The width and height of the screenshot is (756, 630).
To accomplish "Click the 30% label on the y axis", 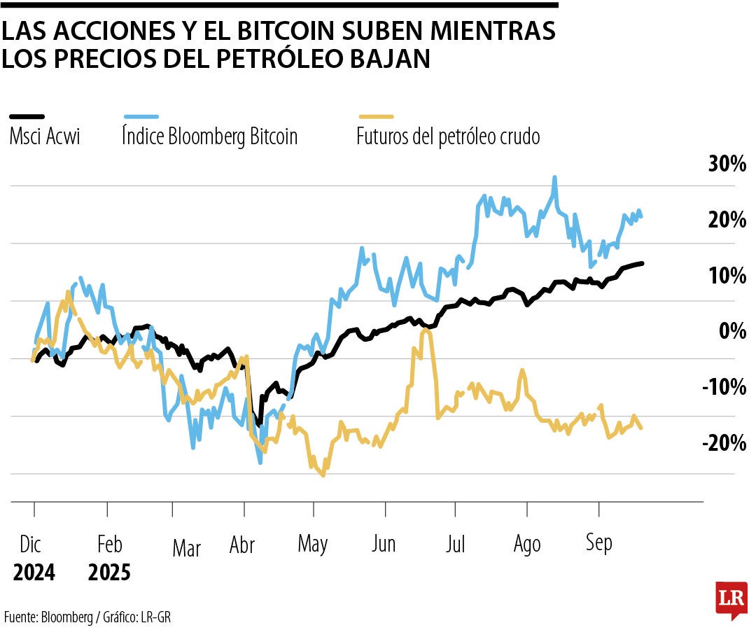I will pyautogui.click(x=727, y=164).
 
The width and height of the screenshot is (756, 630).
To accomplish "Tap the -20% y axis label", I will pyautogui.click(x=724, y=442).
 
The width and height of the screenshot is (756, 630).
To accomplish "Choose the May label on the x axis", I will pyautogui.click(x=313, y=544).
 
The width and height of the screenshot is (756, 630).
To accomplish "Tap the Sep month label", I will pyautogui.click(x=598, y=542).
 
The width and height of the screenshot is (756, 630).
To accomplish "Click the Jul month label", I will pyautogui.click(x=456, y=544).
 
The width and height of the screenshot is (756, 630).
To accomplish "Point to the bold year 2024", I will pyautogui.click(x=34, y=573).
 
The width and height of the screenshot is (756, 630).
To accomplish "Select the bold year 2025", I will pyautogui.click(x=109, y=573).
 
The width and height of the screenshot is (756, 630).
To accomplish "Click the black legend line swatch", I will pyautogui.click(x=27, y=117).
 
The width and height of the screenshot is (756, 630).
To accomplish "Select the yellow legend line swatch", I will pyautogui.click(x=376, y=117).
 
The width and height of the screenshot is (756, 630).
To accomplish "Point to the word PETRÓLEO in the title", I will pyautogui.click(x=280, y=59).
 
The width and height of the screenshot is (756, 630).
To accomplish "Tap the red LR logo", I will pyautogui.click(x=731, y=599).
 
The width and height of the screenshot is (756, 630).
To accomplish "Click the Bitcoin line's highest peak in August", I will pyautogui.click(x=554, y=178).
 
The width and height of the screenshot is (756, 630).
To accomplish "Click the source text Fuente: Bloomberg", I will pyautogui.click(x=48, y=617).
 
